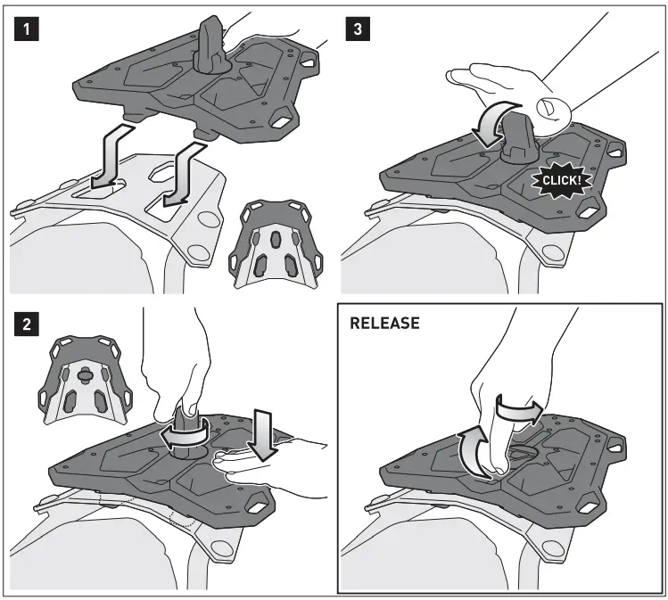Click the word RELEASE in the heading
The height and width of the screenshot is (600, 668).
(384, 324)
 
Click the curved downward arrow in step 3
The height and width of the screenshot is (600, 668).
(494, 125)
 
